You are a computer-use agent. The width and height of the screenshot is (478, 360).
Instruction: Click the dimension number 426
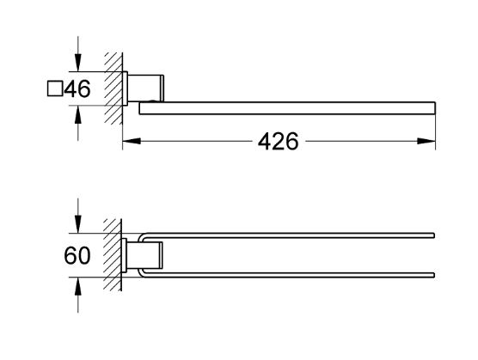coord(278,141)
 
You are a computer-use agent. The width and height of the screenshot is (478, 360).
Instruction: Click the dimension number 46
coord(77,88)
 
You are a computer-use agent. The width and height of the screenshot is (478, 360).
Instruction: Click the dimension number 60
coord(77,255)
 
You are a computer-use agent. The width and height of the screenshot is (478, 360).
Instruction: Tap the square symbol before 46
coord(55,88)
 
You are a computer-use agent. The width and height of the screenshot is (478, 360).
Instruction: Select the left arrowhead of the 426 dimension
coord(132,141)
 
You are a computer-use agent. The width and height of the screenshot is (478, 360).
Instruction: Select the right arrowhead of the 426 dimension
coord(426,141)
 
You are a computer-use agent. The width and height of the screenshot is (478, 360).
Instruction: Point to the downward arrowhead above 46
coord(78,63)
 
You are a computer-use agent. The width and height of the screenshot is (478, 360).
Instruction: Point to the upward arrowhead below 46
coord(78,115)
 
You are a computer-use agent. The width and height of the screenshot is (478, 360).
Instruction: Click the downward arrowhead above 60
coord(78,224)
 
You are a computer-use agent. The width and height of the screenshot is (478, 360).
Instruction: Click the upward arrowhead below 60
coord(78,287)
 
